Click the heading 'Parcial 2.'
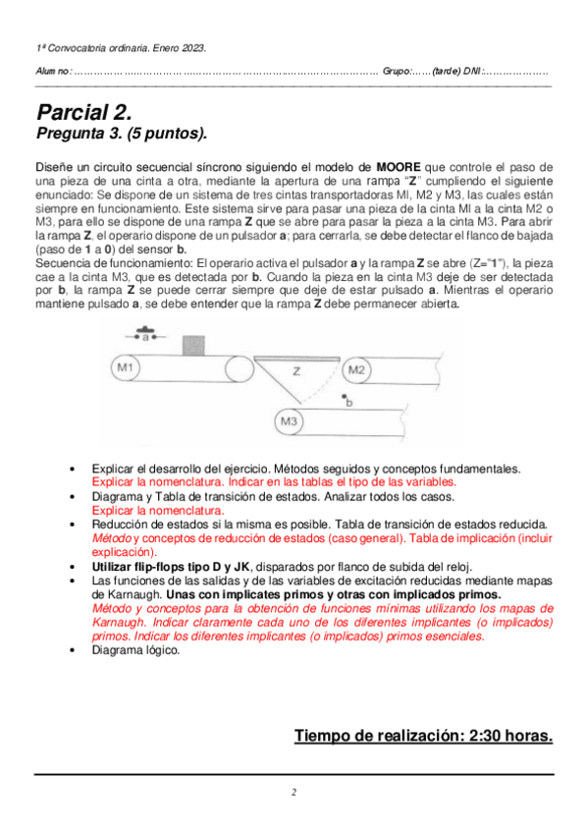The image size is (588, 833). click(x=84, y=113)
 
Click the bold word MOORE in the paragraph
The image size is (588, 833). click(x=399, y=167)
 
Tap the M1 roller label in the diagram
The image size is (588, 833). click(x=126, y=367)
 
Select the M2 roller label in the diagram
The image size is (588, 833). click(x=356, y=369)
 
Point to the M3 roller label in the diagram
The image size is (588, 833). click(x=289, y=421)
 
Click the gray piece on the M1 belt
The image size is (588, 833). click(x=193, y=346)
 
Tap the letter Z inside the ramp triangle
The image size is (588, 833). click(x=296, y=371)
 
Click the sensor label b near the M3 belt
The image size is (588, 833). click(x=349, y=403)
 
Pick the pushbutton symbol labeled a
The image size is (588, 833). click(x=145, y=334)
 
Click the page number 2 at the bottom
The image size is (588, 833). click(x=294, y=792)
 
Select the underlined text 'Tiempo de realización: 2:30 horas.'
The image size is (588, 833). click(x=423, y=736)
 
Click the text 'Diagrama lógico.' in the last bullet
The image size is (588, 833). click(x=135, y=650)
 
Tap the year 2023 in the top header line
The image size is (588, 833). click(x=193, y=48)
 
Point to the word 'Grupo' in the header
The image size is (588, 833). click(x=396, y=71)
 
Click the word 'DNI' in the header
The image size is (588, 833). click(x=472, y=71)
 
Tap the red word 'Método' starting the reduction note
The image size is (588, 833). click(x=112, y=538)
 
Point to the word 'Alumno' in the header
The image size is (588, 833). click(x=53, y=71)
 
